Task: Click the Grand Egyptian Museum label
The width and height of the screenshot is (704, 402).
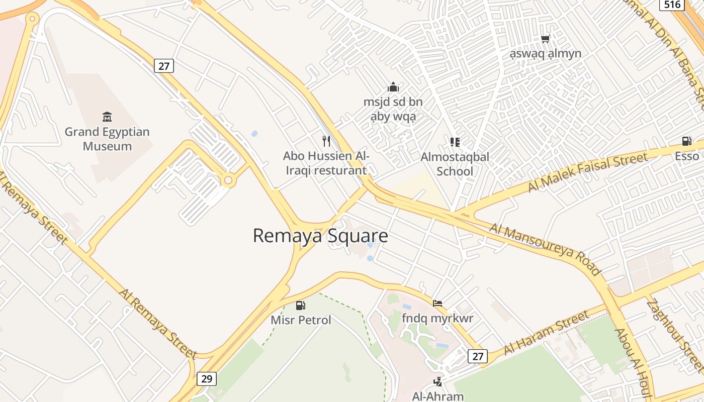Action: point(107,139)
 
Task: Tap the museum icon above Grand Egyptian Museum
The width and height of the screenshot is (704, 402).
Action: point(107,117)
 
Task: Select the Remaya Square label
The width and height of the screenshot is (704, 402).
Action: point(320,236)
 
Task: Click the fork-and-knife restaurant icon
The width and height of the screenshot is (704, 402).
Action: point(326,141)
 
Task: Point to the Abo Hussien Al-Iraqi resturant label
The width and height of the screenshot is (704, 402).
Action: point(326,163)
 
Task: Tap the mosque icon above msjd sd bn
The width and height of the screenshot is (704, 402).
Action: point(393,87)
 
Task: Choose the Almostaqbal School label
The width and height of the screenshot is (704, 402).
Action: point(455,164)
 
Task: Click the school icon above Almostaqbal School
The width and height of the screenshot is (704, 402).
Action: point(455,142)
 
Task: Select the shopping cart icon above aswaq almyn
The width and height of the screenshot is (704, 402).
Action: point(545,39)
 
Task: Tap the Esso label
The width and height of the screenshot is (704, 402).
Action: point(687,156)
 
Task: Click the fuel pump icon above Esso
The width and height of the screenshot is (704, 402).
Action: point(686,141)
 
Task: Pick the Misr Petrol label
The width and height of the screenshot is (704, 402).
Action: point(301,320)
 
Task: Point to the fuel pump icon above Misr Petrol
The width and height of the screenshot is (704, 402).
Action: point(301,305)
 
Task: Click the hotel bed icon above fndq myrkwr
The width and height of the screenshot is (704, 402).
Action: point(437,303)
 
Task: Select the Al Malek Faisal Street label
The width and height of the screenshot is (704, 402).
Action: point(587,172)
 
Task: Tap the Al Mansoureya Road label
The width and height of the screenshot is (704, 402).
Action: point(546,250)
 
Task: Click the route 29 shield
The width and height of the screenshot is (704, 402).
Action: point(207,378)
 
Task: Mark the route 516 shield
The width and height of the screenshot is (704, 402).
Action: point(672,5)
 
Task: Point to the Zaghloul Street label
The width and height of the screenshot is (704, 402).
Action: point(674,337)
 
